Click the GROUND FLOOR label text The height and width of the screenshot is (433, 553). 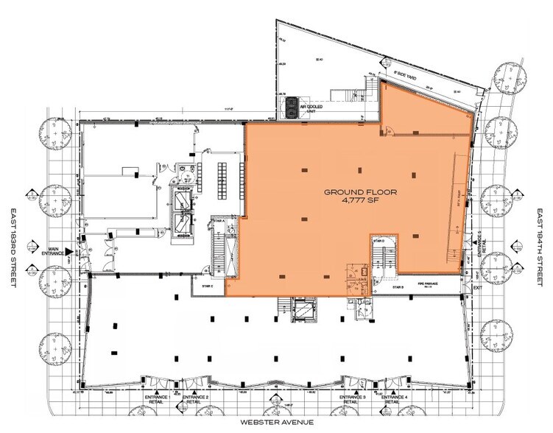[361, 191]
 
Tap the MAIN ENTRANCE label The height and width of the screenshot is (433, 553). [53, 251]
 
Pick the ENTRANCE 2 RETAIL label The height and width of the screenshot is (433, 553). [194, 399]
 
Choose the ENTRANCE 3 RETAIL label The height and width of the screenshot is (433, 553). [350, 399]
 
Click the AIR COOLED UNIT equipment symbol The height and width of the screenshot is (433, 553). [293, 108]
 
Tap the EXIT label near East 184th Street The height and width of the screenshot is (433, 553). [477, 289]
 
